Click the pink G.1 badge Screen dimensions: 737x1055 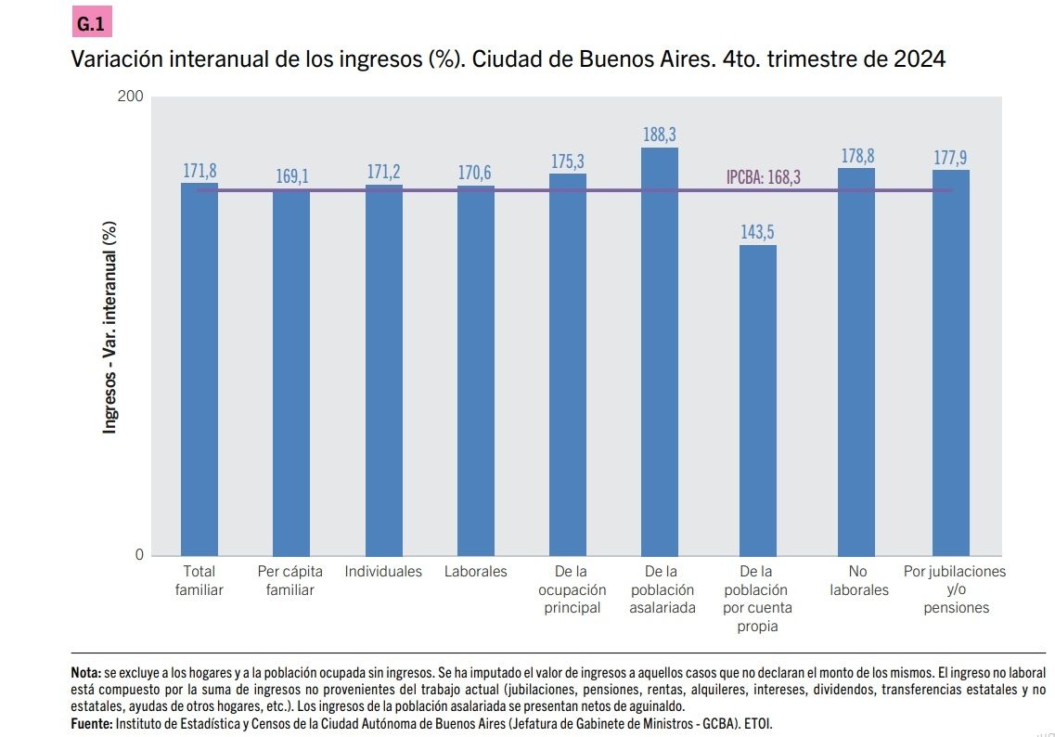[91, 21]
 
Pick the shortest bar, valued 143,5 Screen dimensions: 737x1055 [758, 399]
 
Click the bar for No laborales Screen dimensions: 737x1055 [856, 361]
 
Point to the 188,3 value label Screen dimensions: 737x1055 [660, 136]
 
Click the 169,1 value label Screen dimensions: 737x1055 [291, 175]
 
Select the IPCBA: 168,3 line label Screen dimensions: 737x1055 [763, 177]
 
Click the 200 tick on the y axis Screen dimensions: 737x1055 [133, 97]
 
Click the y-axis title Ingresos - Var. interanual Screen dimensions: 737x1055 [109, 327]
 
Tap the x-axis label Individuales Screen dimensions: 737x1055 [383, 572]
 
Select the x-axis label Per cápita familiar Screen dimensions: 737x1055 [290, 581]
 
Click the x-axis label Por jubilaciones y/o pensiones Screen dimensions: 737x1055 [955, 589]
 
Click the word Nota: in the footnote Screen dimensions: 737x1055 [86, 671]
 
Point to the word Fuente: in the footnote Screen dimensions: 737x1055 [92, 722]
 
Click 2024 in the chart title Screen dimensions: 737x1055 [919, 60]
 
